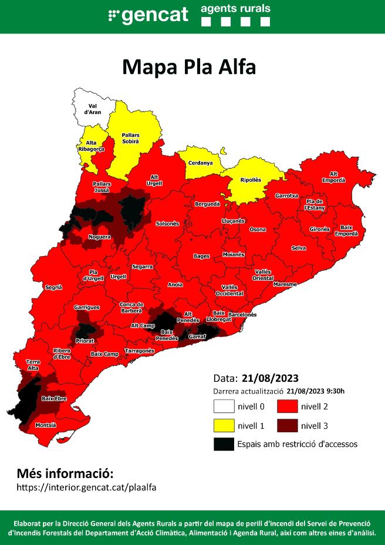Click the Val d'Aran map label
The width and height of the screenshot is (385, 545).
tap(90, 109)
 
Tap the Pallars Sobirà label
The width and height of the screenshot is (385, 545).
tap(130, 138)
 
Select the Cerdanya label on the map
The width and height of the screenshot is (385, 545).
tap(200, 163)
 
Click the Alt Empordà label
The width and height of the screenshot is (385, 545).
tap(333, 177)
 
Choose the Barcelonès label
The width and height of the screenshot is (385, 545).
tap(242, 315)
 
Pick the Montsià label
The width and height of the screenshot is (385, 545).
tap(46, 425)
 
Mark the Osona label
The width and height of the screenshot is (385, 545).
tap(258, 230)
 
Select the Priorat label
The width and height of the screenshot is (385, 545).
tap(85, 340)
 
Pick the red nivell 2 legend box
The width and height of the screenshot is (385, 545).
tap(288, 406)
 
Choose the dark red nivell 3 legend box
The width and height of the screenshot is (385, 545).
tap(288, 425)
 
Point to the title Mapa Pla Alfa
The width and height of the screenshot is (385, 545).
tap(189, 67)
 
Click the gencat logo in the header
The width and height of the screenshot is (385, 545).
tap(148, 15)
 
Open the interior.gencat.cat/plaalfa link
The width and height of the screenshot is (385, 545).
tap(87, 487)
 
